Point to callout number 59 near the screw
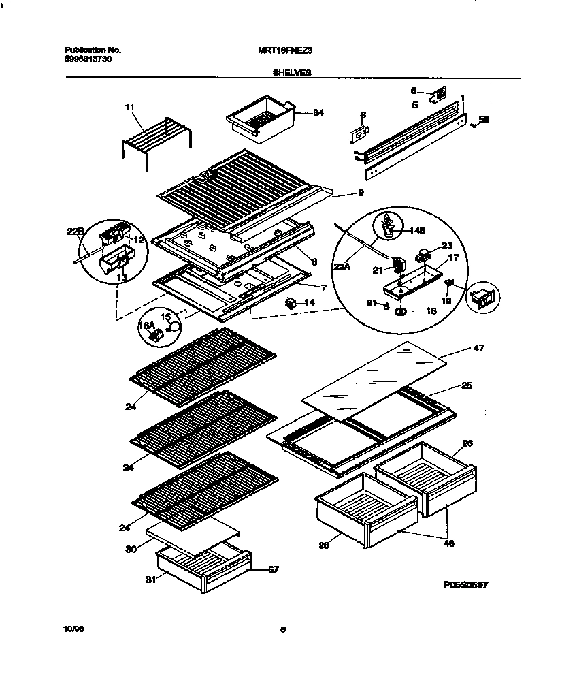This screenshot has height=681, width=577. click(484, 120)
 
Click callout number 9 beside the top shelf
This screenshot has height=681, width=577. click(359, 193)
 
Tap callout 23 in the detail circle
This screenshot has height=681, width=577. click(446, 247)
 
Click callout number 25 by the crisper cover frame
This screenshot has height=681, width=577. click(466, 385)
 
